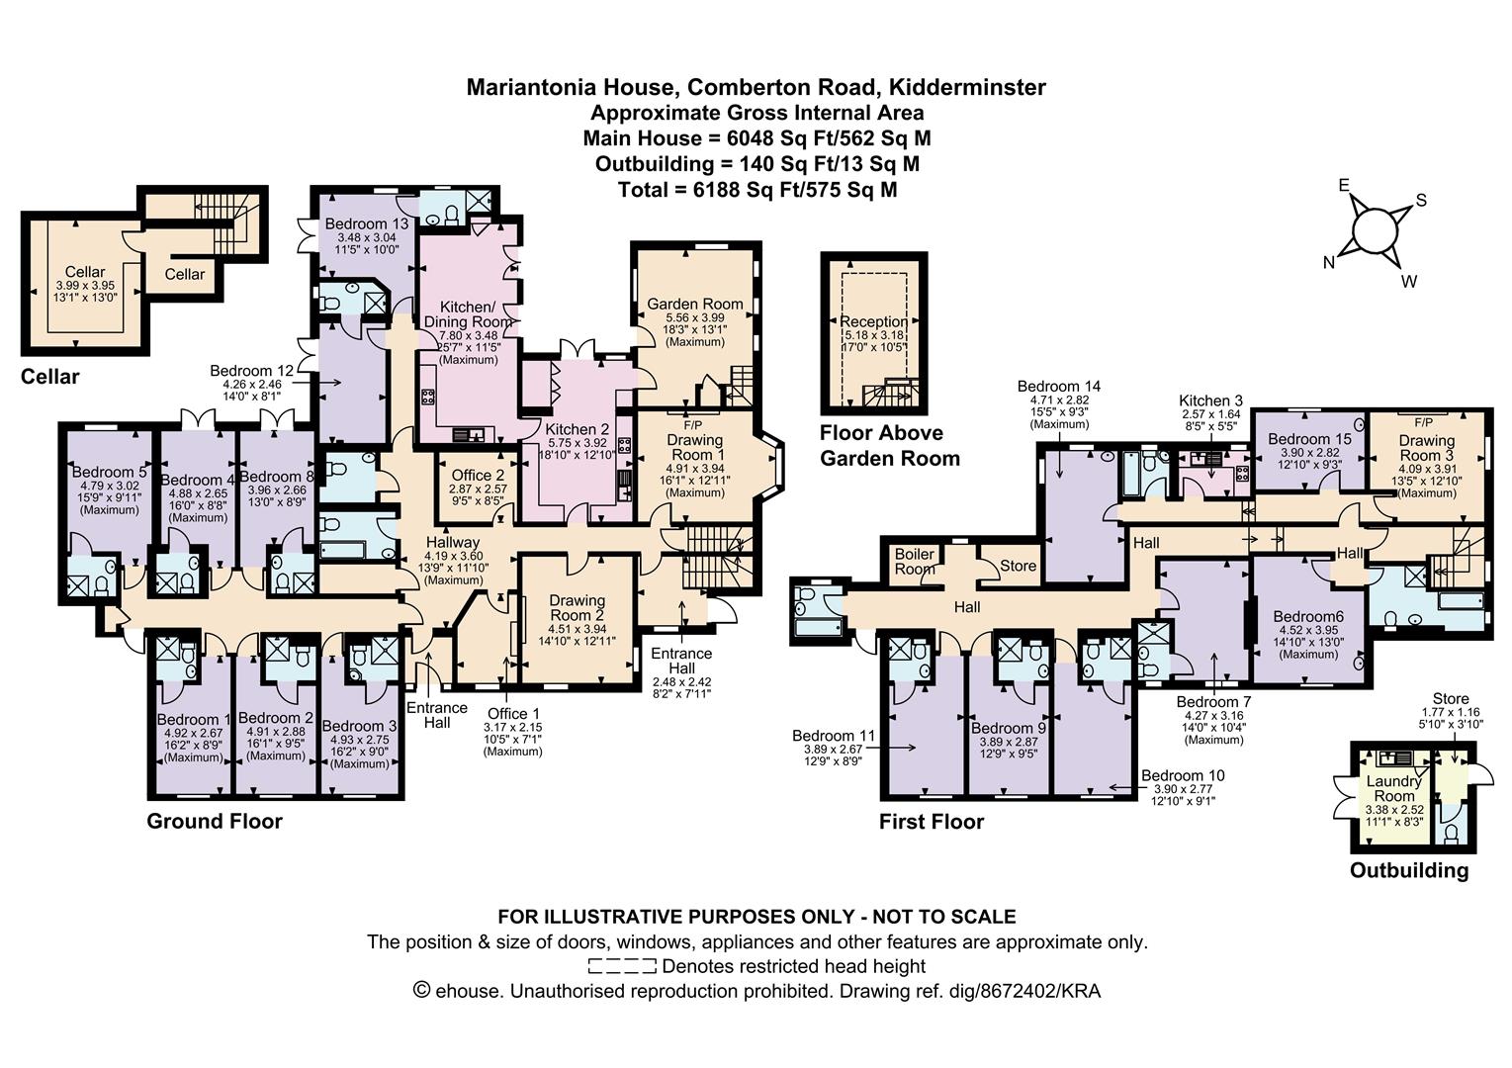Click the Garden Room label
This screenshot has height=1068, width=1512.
(x=694, y=304)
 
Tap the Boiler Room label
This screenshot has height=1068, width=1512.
(x=915, y=562)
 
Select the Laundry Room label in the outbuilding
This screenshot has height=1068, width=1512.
(x=1394, y=788)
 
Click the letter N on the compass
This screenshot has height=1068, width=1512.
(x=1329, y=262)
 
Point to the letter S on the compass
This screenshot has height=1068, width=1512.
(x=1420, y=200)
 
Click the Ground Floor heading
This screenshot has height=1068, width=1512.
(x=215, y=822)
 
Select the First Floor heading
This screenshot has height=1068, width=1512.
(x=932, y=822)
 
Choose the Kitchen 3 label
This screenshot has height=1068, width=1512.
(x=1210, y=400)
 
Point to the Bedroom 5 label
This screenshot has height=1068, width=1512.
(x=109, y=472)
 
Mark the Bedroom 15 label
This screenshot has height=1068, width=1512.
(x=1309, y=438)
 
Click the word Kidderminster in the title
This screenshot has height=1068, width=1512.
(x=968, y=87)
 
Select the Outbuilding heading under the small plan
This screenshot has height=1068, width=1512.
(x=1409, y=870)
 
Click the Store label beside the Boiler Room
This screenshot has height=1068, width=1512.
(x=1018, y=566)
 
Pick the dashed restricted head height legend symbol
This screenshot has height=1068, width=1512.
(x=622, y=966)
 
